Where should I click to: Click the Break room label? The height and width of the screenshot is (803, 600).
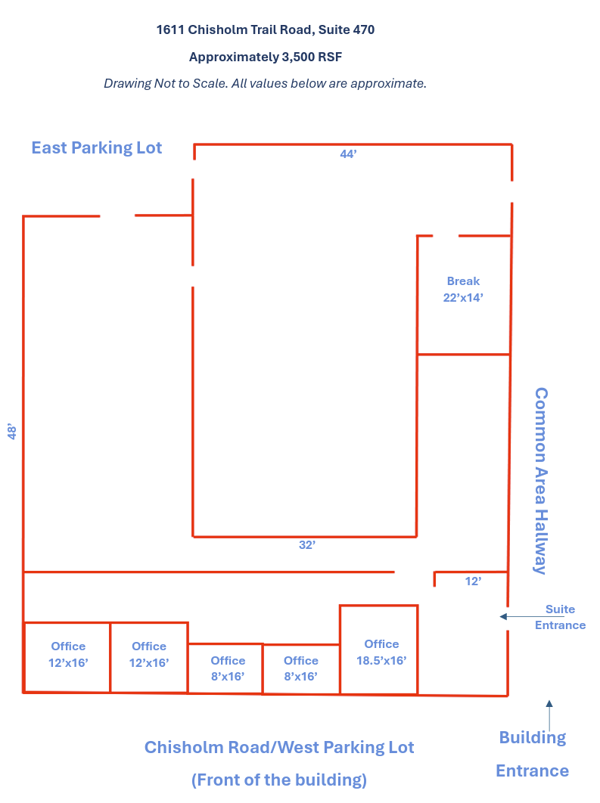click(x=463, y=290)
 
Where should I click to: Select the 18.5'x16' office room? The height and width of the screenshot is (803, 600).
click(x=379, y=650)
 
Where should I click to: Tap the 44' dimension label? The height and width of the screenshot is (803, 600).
click(x=348, y=154)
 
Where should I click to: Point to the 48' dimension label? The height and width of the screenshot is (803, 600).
click(x=12, y=431)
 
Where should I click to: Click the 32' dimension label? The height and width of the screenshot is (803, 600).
click(x=307, y=545)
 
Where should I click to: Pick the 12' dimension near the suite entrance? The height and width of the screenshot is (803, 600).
click(x=473, y=581)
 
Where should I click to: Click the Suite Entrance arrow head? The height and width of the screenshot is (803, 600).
click(x=503, y=616)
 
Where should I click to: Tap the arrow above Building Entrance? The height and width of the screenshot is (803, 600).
click(x=549, y=715)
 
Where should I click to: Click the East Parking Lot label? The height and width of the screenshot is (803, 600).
click(x=97, y=147)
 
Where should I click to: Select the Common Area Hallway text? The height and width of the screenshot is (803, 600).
click(x=541, y=481)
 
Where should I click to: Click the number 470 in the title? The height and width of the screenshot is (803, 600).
click(x=363, y=29)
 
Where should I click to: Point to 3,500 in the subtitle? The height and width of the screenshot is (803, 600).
click(x=297, y=57)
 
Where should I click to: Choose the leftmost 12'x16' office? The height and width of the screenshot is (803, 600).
click(x=67, y=658)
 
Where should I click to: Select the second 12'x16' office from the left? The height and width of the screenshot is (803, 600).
click(x=149, y=658)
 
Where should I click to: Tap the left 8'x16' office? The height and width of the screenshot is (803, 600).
click(x=225, y=669)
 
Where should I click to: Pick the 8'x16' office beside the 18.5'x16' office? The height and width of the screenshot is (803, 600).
click(x=301, y=669)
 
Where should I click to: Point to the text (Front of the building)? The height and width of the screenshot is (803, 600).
click(x=279, y=780)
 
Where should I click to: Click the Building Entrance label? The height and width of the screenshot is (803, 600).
click(x=533, y=754)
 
